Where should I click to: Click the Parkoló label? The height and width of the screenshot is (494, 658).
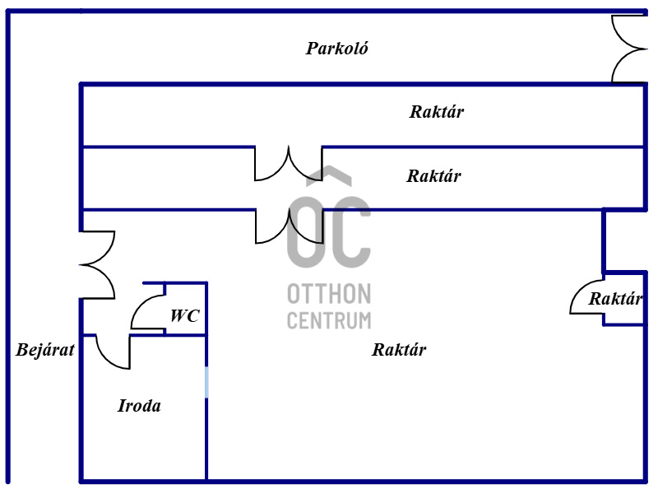point(337,49)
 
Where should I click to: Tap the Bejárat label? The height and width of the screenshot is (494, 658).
point(45,350)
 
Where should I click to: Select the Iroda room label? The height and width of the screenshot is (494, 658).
point(139,406)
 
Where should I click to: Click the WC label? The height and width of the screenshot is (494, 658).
point(184,315)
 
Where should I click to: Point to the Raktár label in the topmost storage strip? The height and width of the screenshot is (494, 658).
point(436,112)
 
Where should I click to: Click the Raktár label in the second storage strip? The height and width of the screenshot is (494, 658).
point(433,176)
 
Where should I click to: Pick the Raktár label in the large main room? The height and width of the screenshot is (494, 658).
point(399,350)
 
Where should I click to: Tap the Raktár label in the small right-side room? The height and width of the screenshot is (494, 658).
point(614,300)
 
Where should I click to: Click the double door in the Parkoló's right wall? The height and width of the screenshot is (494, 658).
point(629,49)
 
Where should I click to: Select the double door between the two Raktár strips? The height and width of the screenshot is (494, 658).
point(288,163)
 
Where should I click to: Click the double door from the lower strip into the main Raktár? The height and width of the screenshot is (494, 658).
point(288,226)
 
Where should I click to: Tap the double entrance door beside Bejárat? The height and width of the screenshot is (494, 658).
point(97,264)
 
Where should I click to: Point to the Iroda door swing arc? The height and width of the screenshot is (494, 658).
point(113,352)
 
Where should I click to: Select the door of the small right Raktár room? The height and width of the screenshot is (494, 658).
point(586,298)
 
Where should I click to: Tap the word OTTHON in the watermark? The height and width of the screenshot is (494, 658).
point(329,294)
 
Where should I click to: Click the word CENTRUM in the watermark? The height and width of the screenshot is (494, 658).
point(329,320)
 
